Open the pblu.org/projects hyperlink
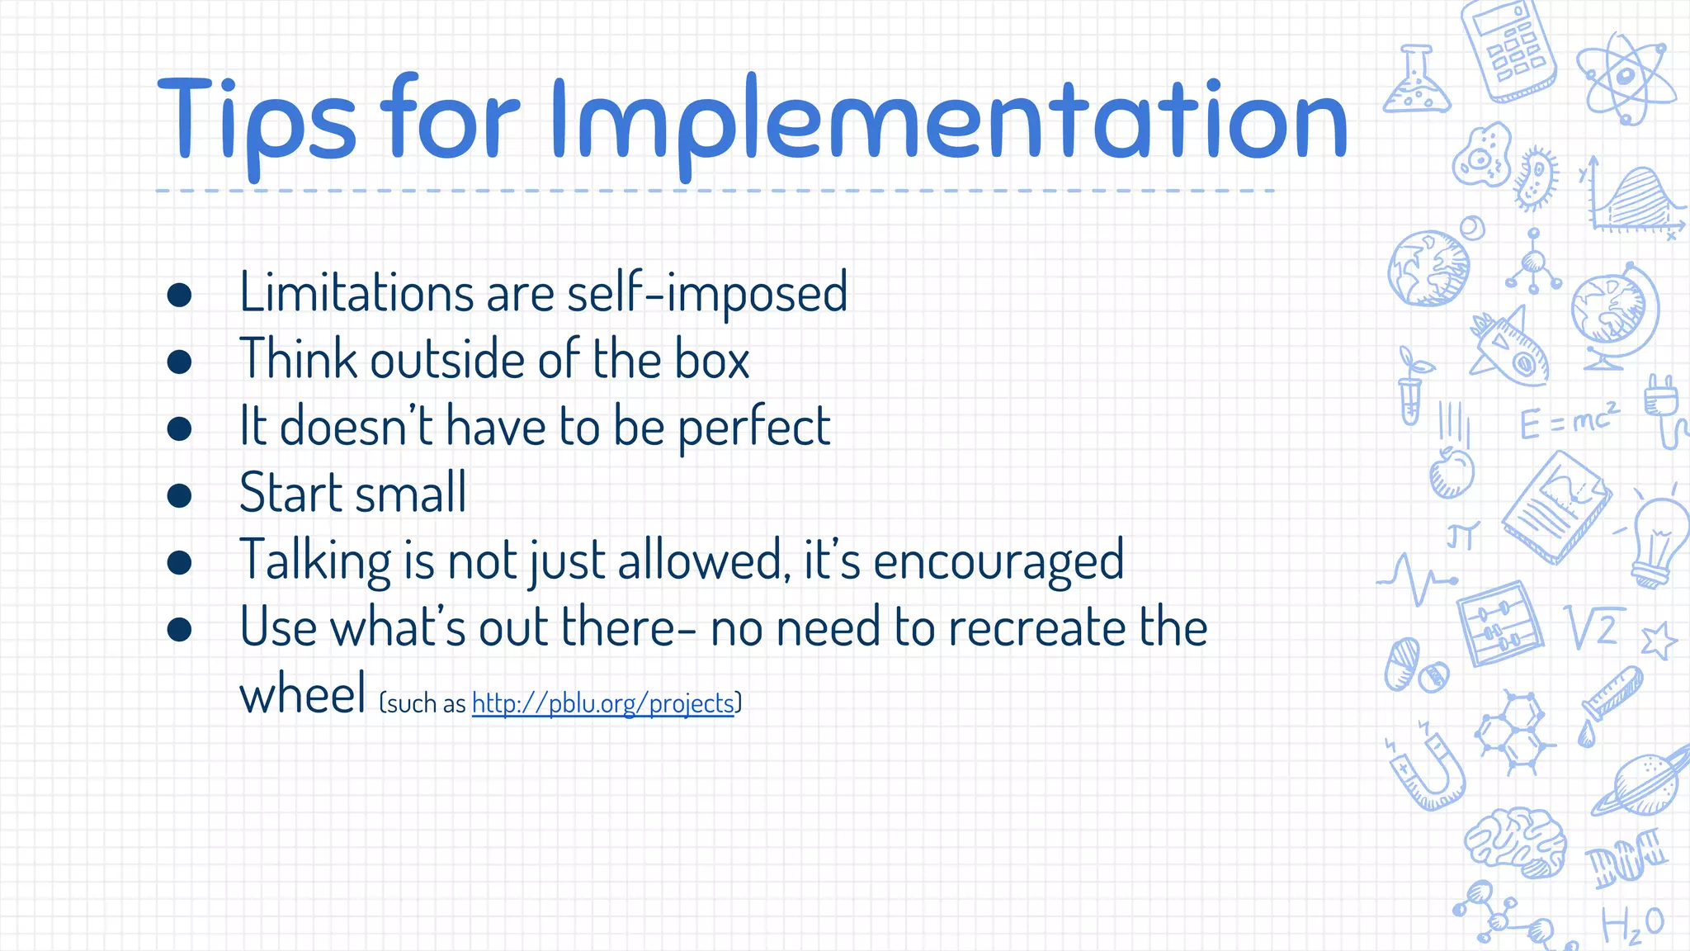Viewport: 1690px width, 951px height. (x=602, y=703)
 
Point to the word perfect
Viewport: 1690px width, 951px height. (x=753, y=428)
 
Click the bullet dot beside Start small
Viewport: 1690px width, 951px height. (x=179, y=495)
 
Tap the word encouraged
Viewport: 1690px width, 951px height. (x=998, y=561)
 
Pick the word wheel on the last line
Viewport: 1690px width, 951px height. (x=302, y=695)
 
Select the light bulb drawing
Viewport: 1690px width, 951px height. (x=1659, y=541)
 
